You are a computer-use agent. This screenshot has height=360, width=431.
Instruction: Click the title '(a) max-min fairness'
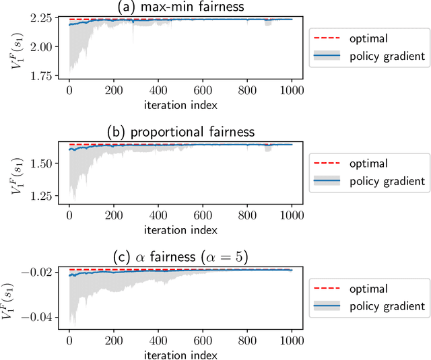click(180, 7)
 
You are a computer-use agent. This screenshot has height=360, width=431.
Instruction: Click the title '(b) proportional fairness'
click(180, 132)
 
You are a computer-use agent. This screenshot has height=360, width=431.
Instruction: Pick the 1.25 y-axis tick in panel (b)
click(48, 196)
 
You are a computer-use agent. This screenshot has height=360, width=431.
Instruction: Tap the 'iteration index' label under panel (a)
click(180, 104)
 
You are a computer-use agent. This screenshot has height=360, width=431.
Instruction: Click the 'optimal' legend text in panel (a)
click(369, 39)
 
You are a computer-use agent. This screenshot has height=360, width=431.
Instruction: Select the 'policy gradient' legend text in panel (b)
click(388, 181)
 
